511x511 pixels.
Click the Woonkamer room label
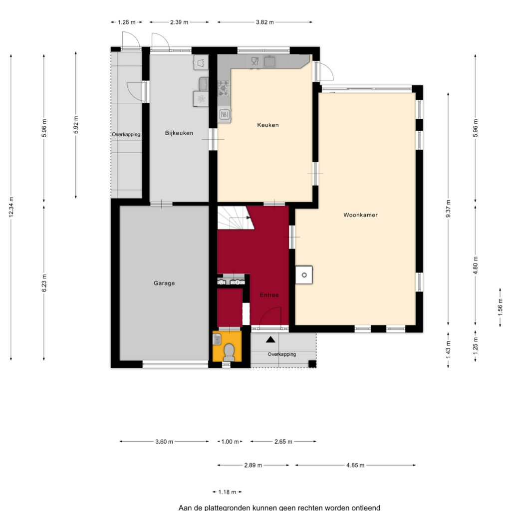[x=360, y=215]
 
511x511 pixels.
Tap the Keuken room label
[x=268, y=125]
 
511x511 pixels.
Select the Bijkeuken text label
[x=179, y=133]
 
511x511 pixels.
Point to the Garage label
[x=164, y=283]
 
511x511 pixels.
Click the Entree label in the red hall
[x=269, y=295]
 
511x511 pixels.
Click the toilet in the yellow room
[x=229, y=352]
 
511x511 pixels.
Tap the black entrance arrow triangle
[x=270, y=339]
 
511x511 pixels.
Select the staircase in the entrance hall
[x=236, y=218]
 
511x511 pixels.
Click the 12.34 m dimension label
[x=11, y=207]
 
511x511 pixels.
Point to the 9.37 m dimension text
[x=449, y=209]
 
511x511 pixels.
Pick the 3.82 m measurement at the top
[x=264, y=22]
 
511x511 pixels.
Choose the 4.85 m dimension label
[x=355, y=466]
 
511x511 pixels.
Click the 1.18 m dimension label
[x=227, y=492]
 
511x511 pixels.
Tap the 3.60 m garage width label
[x=164, y=442]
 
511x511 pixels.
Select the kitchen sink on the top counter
[x=269, y=61]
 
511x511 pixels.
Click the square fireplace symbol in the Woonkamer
[x=304, y=275]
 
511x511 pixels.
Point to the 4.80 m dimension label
[x=476, y=265]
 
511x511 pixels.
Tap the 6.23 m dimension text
[x=44, y=283]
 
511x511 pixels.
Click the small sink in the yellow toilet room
[x=217, y=339]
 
